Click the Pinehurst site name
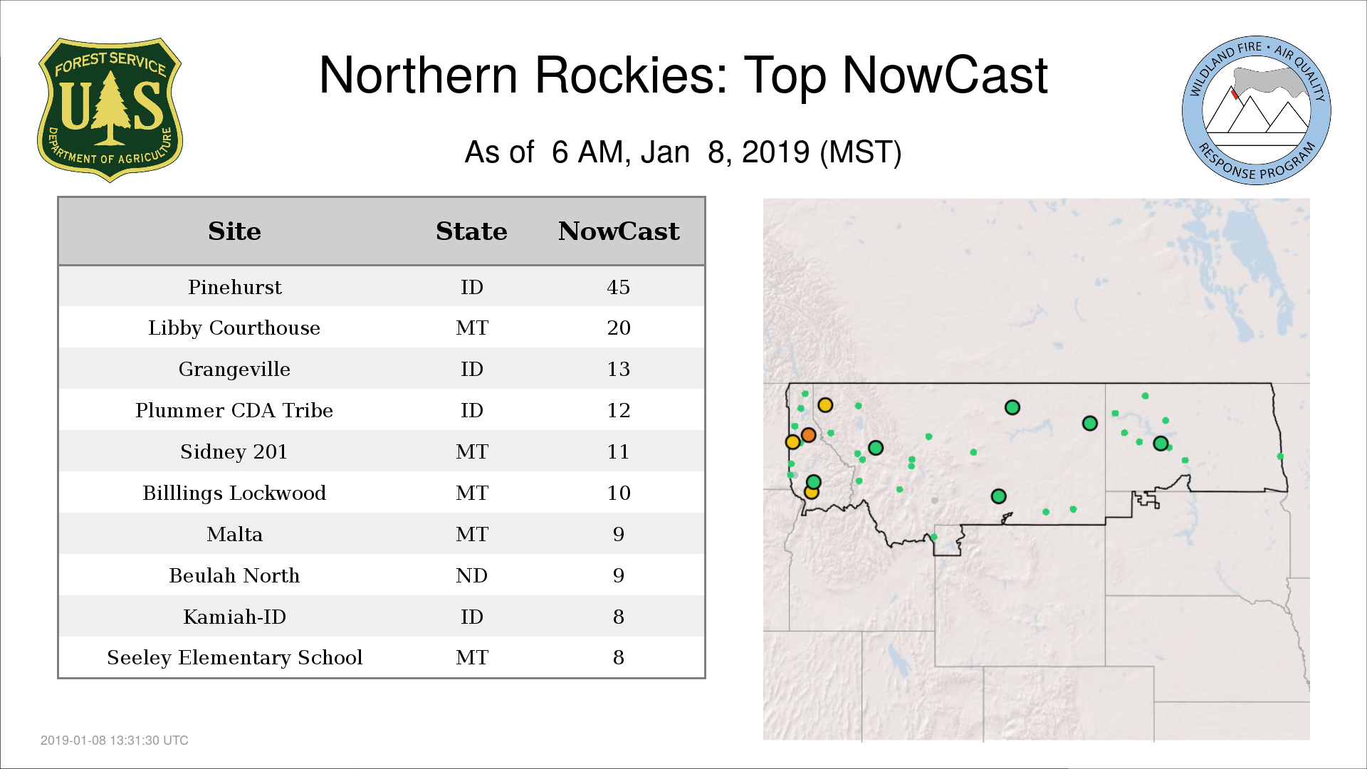point(234,287)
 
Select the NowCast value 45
point(618,287)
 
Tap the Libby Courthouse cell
point(234,328)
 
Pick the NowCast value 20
point(618,328)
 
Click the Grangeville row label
point(234,370)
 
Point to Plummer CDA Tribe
point(234,410)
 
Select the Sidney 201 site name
point(234,451)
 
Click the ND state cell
point(471,575)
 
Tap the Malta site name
point(234,534)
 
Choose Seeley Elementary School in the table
point(234,658)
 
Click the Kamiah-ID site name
point(234,617)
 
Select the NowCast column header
point(619,231)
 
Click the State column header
point(471,231)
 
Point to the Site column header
point(234,231)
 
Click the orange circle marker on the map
point(808,434)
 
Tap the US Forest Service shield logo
point(110,110)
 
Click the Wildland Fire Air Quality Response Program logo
point(1257,110)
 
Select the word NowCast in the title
point(945,75)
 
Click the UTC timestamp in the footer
point(115,741)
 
